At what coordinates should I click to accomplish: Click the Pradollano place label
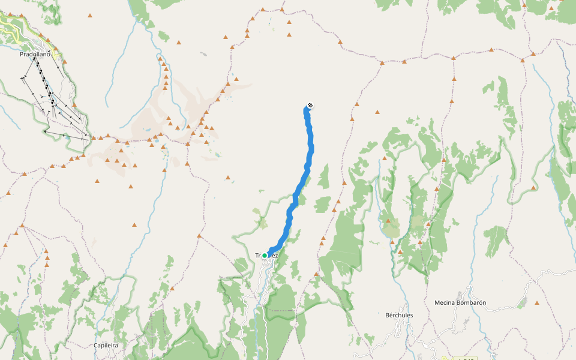[35, 54]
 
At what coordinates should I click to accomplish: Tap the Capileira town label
[106, 346]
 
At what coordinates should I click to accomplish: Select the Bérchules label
[399, 315]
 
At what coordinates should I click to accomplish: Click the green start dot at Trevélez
[265, 256]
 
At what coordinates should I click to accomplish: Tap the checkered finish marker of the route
[310, 106]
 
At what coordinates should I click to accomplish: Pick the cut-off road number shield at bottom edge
[465, 358]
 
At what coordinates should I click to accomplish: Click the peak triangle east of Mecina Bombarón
[537, 303]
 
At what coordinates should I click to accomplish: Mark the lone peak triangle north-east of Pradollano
[90, 15]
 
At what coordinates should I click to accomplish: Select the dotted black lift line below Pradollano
[45, 81]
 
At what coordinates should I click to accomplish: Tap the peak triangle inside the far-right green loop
[533, 187]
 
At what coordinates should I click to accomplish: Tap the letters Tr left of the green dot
[259, 256]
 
